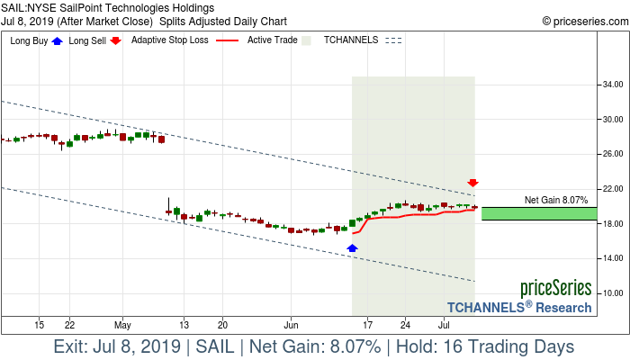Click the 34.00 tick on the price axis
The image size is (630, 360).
coord(614,85)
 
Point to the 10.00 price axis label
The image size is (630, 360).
coord(614,293)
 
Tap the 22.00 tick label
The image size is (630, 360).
coord(614,189)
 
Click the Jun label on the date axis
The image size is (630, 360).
coord(292,324)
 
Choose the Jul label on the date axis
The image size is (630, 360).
coord(444,324)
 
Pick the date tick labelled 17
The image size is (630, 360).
coord(367,324)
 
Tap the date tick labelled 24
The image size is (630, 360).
coord(405,324)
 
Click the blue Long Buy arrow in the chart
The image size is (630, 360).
coord(352,247)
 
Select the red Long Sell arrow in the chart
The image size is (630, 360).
coord(472,183)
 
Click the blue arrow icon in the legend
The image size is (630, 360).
coord(58,40)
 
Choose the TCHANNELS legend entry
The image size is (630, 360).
coord(350,40)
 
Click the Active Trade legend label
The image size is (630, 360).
coord(272,40)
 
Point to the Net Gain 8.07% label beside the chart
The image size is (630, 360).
coord(555,200)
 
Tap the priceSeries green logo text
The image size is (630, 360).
coord(555,289)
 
